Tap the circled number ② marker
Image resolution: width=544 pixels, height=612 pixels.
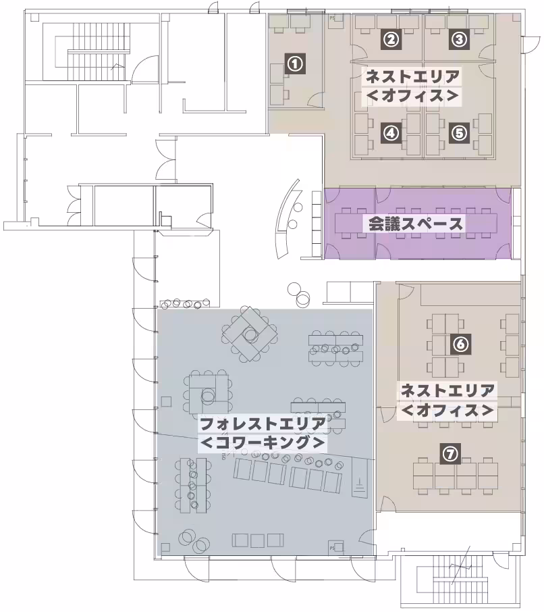[x=390, y=39]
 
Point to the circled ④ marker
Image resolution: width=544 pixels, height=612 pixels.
[x=390, y=132]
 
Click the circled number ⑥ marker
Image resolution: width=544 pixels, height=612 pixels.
[x=460, y=344]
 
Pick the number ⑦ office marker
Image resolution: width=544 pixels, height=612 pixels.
[x=450, y=454]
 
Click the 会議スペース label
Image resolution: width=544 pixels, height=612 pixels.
[x=416, y=224]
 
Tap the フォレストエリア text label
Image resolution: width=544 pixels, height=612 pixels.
[x=263, y=424]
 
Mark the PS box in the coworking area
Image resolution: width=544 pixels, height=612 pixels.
[x=333, y=546]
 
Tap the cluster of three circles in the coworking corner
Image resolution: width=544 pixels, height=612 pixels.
[x=194, y=541]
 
